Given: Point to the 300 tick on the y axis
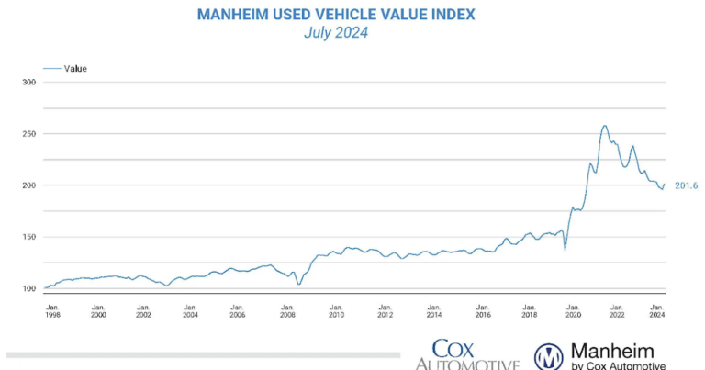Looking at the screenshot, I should pyautogui.click(x=28, y=82).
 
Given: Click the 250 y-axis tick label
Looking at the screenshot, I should pyautogui.click(x=28, y=133).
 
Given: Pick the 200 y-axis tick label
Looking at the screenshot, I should pyautogui.click(x=28, y=185).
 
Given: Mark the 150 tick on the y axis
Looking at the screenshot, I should pyautogui.click(x=28, y=237).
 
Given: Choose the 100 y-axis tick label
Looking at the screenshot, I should pyautogui.click(x=28, y=288).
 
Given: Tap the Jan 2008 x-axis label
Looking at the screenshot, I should pyautogui.click(x=287, y=309).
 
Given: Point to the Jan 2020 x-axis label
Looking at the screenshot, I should pyautogui.click(x=573, y=309).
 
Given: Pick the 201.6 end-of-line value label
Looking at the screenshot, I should pyautogui.click(x=686, y=186).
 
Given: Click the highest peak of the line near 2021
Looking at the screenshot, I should pyautogui.click(x=604, y=126).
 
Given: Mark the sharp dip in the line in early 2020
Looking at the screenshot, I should pyautogui.click(x=565, y=249).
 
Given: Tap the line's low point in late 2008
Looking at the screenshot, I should pyautogui.click(x=298, y=285).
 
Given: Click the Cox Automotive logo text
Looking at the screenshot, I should pyautogui.click(x=467, y=356).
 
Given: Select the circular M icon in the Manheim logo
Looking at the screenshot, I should pyautogui.click(x=549, y=356).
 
